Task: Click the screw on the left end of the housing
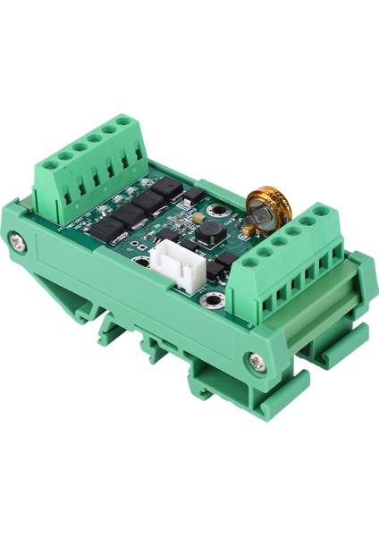20,241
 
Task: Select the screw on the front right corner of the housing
257,360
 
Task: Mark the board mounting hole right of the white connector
216,297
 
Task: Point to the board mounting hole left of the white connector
142,264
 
